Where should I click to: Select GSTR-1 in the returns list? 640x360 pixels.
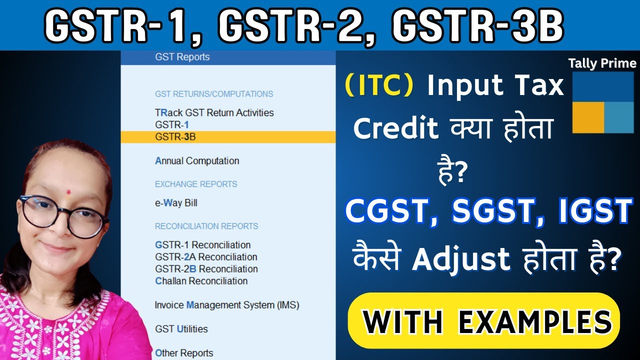[x=172, y=125]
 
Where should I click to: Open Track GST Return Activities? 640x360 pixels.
[x=214, y=113]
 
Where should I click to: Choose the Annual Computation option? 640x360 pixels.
[x=197, y=161]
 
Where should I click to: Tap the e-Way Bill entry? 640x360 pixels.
[x=176, y=203]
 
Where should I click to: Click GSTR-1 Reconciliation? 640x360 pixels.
[x=202, y=245]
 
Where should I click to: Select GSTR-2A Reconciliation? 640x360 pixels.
[x=206, y=257]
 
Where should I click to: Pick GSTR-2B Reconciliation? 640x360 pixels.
[x=206, y=269]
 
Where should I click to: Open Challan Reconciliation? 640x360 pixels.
[x=201, y=281]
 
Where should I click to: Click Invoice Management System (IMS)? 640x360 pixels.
[x=226, y=305]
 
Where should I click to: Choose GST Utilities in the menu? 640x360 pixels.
[x=181, y=329]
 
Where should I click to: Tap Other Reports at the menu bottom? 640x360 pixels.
[x=184, y=353]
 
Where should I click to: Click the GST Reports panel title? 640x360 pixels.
[x=182, y=57]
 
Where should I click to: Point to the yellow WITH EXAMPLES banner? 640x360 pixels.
[x=483, y=320]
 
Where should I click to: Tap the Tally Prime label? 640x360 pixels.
[x=602, y=63]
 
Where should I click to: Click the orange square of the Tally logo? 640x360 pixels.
[x=588, y=117]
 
